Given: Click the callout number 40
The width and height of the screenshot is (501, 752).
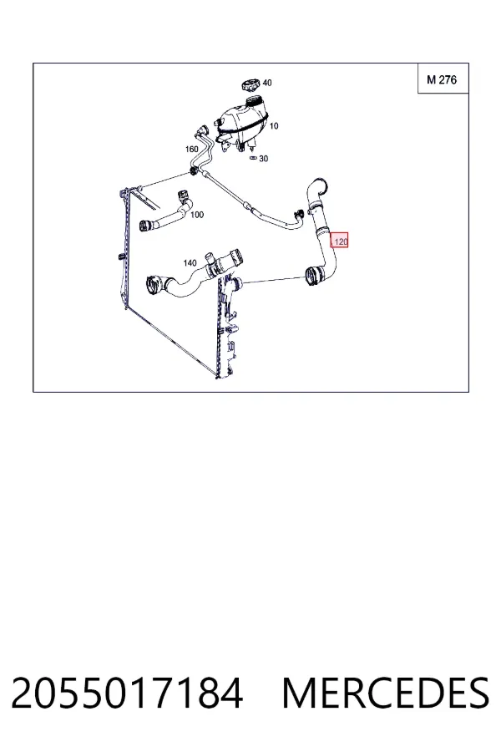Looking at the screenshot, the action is click(x=267, y=83).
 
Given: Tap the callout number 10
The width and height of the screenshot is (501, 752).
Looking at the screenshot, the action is click(x=274, y=126).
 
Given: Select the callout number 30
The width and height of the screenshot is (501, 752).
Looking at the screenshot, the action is click(x=263, y=159).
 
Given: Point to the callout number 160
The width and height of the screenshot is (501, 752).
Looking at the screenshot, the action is click(x=192, y=150).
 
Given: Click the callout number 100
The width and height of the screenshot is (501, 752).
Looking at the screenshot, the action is click(x=197, y=215).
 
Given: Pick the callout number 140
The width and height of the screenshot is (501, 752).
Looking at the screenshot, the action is click(x=190, y=263).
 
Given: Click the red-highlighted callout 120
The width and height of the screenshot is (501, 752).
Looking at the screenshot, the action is click(x=340, y=241).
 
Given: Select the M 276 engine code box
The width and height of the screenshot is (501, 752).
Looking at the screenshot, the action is click(x=442, y=79).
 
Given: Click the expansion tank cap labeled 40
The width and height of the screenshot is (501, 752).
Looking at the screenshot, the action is click(x=251, y=86).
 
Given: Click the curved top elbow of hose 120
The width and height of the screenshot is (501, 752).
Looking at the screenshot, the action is click(x=316, y=186).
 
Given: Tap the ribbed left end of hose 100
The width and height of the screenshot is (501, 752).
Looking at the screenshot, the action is click(x=145, y=225).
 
